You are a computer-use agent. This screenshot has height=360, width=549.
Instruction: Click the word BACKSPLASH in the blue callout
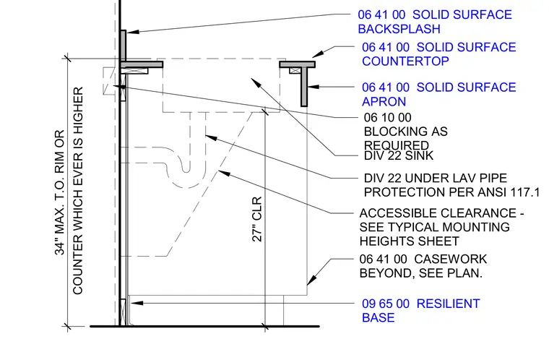click(399, 29)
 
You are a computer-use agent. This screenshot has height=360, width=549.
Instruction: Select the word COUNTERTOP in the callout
click(405, 61)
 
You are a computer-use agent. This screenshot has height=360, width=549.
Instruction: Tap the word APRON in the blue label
click(384, 102)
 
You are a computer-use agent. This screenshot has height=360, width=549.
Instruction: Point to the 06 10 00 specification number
click(388, 117)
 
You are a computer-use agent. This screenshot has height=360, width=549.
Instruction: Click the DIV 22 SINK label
click(399, 155)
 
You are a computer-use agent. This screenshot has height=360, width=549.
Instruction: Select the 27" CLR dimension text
click(257, 219)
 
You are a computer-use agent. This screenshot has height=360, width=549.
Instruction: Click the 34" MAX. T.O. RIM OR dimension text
click(60, 192)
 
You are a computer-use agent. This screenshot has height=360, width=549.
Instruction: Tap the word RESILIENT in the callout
click(448, 304)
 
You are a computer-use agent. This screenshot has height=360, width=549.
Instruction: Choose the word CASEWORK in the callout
click(450, 259)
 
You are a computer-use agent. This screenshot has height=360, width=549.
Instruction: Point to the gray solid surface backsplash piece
click(124, 46)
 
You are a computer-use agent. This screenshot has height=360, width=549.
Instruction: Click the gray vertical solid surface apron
click(304, 87)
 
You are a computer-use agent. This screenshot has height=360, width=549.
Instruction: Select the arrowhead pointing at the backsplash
click(133, 32)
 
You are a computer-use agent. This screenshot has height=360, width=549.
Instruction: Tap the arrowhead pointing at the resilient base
click(137, 303)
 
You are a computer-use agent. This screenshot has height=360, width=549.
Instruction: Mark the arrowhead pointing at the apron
click(314, 87)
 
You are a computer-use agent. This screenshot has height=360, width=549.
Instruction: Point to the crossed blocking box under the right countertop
click(295, 70)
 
